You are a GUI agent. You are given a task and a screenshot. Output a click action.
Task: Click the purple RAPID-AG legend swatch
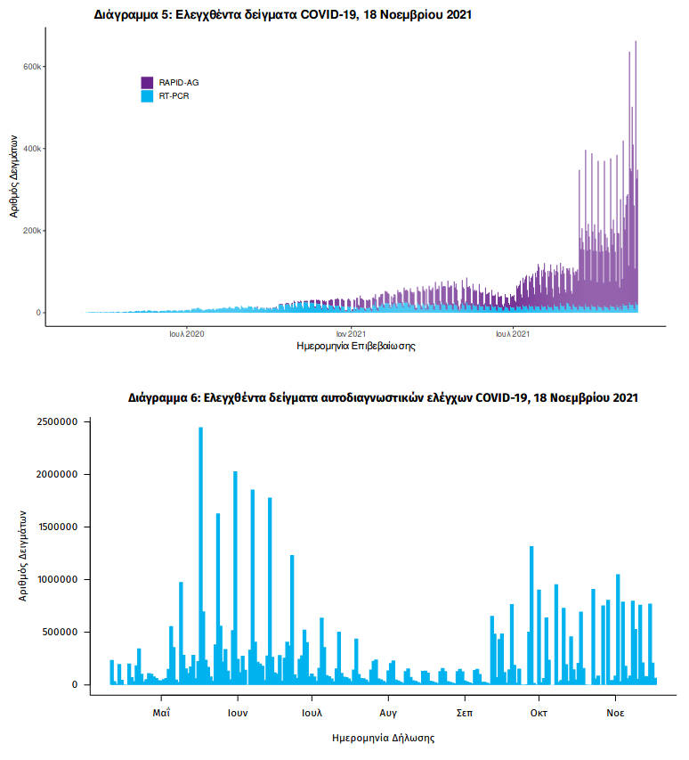[x=147, y=82]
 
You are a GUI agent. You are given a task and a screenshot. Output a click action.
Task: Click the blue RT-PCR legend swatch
[x=147, y=94]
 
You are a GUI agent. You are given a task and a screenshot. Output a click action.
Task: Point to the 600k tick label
[x=33, y=67]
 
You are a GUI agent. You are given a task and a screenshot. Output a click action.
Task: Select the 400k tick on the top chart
[x=33, y=149]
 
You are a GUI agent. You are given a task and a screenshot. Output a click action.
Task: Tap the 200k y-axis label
[x=33, y=231]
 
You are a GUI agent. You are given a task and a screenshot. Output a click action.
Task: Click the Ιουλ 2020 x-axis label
[x=187, y=334]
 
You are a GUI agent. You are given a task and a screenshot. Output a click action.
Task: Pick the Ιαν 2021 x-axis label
[x=351, y=334]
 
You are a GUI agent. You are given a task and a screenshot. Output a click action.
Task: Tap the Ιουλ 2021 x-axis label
[x=514, y=334]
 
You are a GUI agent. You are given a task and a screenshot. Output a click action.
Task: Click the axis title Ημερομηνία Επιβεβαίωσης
[x=356, y=346]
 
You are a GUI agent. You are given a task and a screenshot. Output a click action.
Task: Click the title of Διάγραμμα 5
[x=283, y=15]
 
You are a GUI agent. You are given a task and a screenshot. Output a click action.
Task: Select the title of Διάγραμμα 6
[x=383, y=397]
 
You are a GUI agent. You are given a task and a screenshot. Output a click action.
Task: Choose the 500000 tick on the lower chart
[x=63, y=632]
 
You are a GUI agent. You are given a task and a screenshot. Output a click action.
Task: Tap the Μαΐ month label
[x=161, y=713]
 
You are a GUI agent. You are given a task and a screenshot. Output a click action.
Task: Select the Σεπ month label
[x=464, y=713]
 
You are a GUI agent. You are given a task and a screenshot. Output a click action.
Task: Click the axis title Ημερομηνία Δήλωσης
[x=383, y=738]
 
